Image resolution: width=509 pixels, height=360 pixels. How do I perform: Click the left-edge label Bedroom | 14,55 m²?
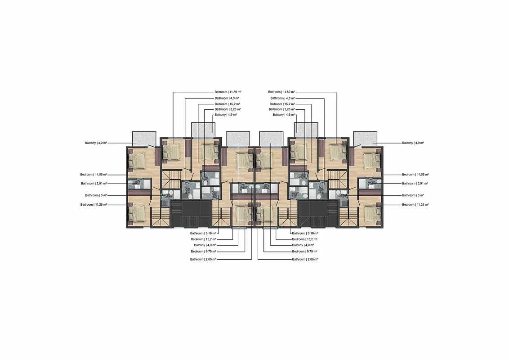tap(94, 175)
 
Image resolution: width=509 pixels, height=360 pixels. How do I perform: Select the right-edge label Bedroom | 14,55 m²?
tap(415, 175)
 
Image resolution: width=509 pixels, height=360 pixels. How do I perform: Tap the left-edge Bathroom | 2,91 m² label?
tap(94, 183)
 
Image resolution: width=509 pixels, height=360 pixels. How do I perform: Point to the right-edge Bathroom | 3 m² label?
tap(413, 195)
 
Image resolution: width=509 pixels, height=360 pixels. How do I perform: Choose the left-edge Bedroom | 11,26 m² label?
tap(94, 204)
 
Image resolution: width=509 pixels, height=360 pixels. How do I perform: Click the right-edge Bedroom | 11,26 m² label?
tap(415, 204)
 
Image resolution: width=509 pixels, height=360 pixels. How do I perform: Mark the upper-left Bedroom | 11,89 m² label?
tap(228, 92)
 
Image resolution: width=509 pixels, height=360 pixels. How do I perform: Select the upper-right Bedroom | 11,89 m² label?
tap(281, 92)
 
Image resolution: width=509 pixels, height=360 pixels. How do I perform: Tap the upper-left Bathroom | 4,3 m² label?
tap(227, 98)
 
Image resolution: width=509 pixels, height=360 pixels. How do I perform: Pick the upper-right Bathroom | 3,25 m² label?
tap(282, 109)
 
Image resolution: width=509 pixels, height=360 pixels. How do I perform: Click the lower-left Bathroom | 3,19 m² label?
tap(203, 233)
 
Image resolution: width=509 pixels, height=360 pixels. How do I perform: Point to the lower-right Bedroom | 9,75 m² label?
tap(304, 252)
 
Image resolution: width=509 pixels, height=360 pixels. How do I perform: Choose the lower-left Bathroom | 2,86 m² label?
tap(203, 259)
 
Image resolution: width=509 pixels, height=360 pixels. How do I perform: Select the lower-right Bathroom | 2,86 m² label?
tap(305, 259)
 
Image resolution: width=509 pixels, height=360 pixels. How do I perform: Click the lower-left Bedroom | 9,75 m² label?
tap(204, 252)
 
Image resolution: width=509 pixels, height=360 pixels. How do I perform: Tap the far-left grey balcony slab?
tap(144, 139)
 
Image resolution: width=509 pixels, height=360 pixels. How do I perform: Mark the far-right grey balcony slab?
tap(365, 139)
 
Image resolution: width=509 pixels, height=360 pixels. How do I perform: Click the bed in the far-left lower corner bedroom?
tap(138, 214)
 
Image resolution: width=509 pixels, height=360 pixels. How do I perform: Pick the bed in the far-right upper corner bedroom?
tap(371, 161)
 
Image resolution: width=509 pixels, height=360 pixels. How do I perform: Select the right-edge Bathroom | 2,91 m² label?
tap(415, 183)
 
